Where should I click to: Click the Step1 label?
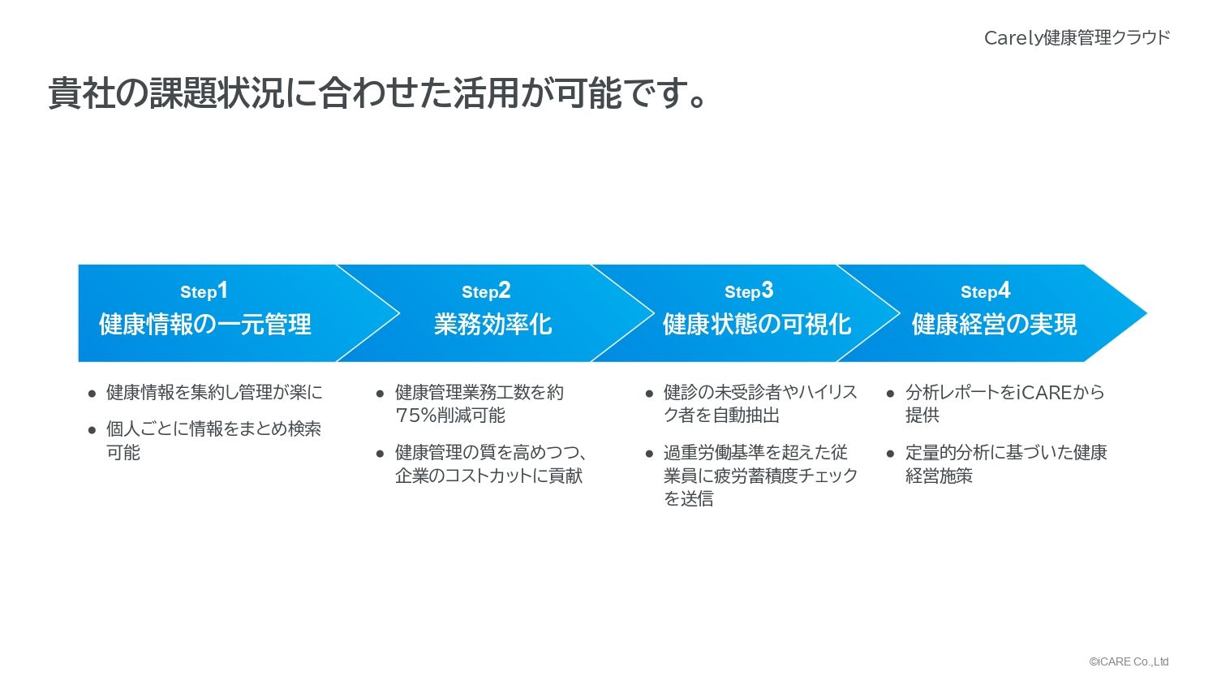[x=204, y=291]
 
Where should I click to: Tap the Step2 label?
[x=486, y=291]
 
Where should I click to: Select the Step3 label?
[x=749, y=291]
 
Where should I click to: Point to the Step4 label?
[x=985, y=291]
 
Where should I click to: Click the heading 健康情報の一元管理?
[x=204, y=325]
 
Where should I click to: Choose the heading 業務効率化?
[x=492, y=325]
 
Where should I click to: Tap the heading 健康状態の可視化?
[x=757, y=325]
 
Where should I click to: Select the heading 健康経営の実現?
[x=994, y=325]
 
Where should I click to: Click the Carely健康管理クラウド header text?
[x=1077, y=37]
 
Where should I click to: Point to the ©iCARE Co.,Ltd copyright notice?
[x=1129, y=661]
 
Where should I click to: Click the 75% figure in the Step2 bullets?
[x=416, y=416]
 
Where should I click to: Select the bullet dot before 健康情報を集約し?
[x=92, y=393]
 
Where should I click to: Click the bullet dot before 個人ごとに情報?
[x=92, y=430]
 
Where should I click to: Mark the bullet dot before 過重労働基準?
[x=649, y=454]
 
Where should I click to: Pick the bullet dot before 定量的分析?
[x=890, y=454]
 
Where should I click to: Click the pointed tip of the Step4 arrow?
[x=1147, y=313]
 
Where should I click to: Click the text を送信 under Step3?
[x=688, y=498]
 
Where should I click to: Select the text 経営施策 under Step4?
[x=939, y=476]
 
